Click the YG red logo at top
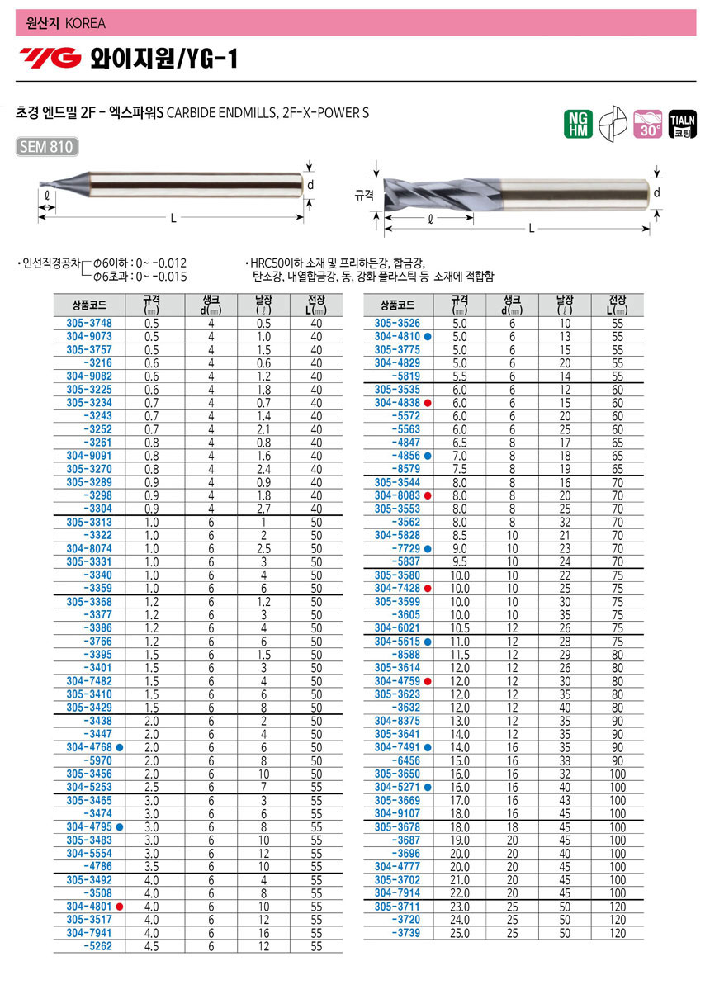tap(51, 58)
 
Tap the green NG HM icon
tap(578, 124)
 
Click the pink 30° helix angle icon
tap(647, 124)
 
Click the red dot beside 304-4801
tap(120, 907)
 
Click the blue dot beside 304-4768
tap(120, 746)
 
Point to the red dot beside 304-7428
tap(428, 589)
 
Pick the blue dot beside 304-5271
tap(428, 788)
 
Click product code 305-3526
tap(397, 324)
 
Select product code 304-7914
tap(397, 893)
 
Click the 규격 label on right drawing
tap(364, 196)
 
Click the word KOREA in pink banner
tap(86, 23)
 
